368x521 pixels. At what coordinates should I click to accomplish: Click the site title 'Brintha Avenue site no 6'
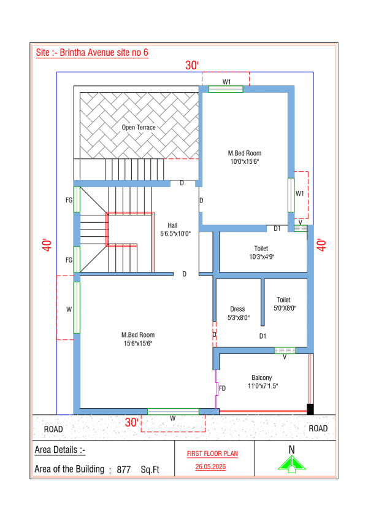click(104, 53)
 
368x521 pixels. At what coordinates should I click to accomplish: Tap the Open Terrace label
click(139, 127)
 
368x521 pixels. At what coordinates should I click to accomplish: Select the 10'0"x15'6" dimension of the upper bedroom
click(245, 162)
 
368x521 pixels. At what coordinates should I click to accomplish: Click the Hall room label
click(172, 225)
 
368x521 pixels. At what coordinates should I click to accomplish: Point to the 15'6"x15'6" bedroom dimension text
click(138, 344)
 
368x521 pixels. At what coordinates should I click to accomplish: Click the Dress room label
click(237, 309)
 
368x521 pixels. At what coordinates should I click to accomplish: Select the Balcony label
click(262, 377)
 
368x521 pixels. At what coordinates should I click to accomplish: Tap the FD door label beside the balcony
click(222, 388)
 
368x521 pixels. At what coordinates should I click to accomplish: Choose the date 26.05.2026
click(210, 466)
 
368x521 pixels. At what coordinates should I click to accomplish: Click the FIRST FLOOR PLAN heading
click(213, 453)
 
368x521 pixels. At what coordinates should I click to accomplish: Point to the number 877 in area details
click(123, 469)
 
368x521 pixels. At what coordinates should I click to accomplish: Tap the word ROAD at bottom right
click(318, 428)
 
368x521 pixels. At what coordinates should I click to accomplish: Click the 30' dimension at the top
click(192, 65)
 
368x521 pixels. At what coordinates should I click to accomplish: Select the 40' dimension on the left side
click(47, 245)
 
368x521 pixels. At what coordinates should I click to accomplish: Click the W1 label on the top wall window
click(226, 82)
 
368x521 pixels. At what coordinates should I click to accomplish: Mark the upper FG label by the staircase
click(69, 200)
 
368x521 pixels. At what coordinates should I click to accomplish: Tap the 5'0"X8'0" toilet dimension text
click(285, 308)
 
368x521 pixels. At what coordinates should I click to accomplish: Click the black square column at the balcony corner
click(310, 409)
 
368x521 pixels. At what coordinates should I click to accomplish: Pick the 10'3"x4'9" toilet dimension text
click(262, 257)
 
